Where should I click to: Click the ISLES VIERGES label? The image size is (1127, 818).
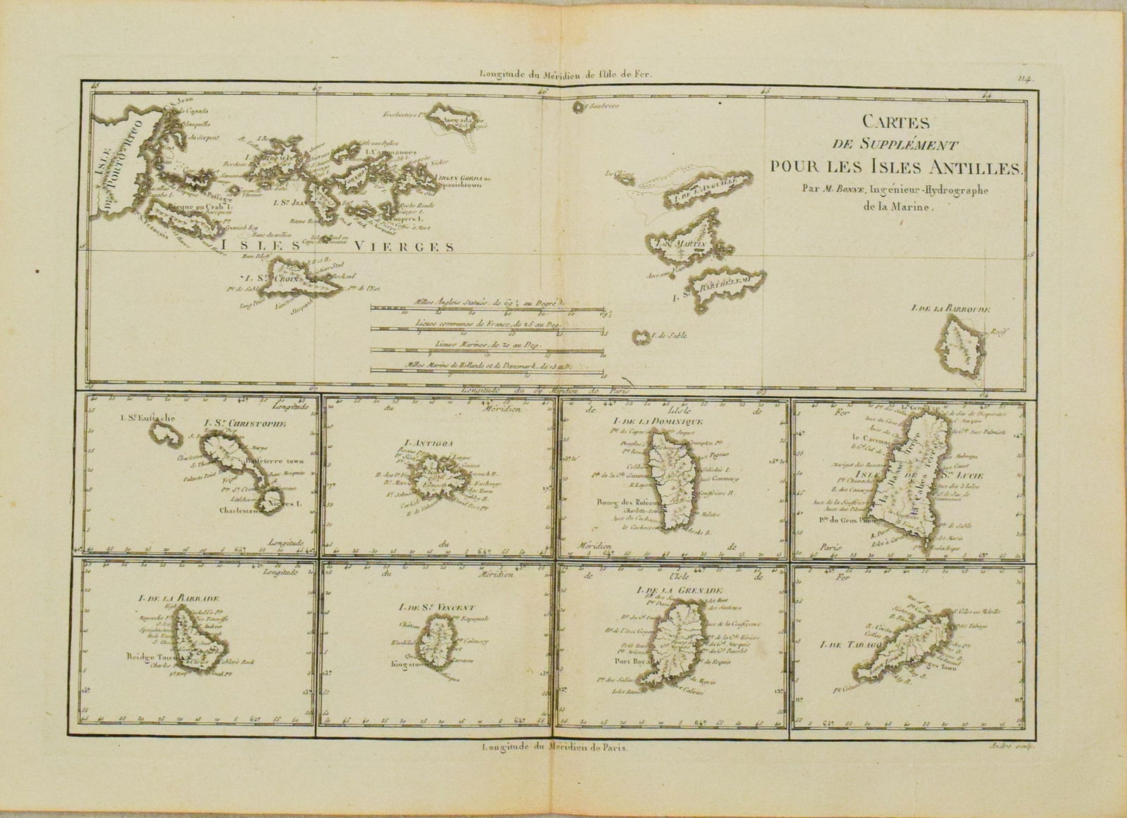tap(337, 246)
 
